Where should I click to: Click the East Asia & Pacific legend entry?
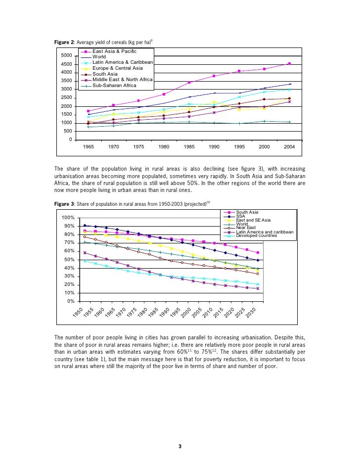(114, 51)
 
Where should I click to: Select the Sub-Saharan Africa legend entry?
(114, 85)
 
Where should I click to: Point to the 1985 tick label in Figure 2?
(189, 147)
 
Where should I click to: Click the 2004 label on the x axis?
(290, 147)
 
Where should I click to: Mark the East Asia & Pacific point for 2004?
(289, 63)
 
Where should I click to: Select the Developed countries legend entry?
(258, 235)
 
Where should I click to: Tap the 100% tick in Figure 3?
(68, 218)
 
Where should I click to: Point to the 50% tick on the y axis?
(69, 260)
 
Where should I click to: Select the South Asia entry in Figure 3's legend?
(247, 212)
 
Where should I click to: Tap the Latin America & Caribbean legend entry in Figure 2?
(123, 62)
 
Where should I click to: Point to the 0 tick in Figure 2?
(70, 140)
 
